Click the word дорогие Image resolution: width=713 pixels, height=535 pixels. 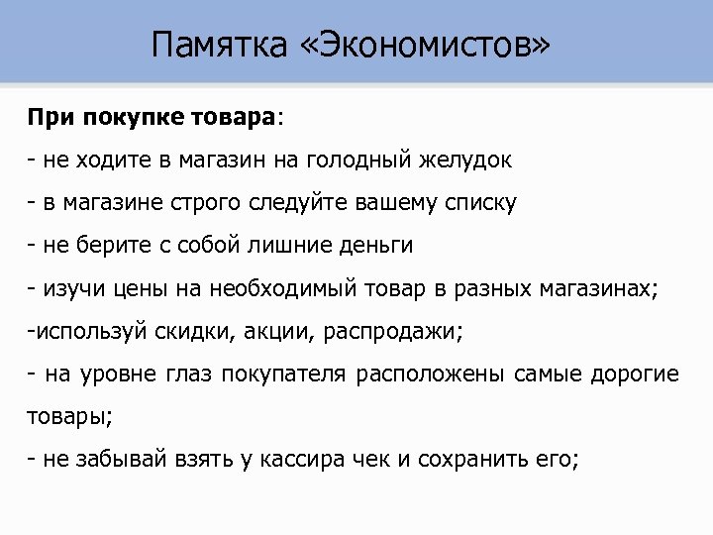(635, 374)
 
